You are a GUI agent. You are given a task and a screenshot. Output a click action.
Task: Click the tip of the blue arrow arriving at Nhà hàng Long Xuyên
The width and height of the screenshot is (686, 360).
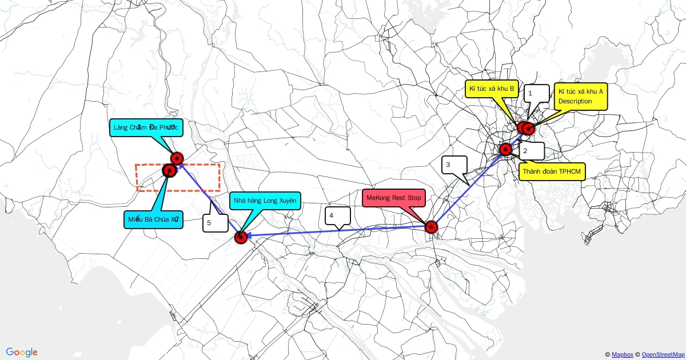(x=246, y=235)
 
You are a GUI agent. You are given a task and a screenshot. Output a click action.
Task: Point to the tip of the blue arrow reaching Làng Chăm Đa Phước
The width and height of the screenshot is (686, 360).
(x=179, y=164)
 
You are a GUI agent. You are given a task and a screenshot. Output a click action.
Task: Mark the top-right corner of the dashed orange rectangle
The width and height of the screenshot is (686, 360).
(x=220, y=165)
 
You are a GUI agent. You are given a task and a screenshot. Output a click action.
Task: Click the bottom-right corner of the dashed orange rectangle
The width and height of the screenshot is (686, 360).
(x=220, y=191)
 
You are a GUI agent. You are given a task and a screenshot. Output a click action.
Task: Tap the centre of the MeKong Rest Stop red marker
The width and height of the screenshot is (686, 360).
(x=432, y=227)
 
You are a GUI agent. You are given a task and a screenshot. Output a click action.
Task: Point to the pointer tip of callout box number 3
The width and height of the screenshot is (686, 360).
(x=469, y=185)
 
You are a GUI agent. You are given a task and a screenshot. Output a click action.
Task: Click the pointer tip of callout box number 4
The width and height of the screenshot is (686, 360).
(x=339, y=230)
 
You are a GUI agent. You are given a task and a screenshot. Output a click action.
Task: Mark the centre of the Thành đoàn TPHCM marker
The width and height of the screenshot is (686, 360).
(x=505, y=149)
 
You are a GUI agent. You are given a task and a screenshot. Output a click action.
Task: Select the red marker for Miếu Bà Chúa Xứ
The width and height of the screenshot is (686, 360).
(x=169, y=170)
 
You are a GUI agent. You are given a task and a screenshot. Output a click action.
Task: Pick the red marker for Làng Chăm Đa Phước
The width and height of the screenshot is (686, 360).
(x=177, y=159)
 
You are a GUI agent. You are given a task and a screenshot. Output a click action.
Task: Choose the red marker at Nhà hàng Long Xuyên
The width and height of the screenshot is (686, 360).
(x=241, y=238)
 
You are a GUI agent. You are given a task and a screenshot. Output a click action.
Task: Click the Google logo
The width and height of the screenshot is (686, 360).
(x=22, y=353)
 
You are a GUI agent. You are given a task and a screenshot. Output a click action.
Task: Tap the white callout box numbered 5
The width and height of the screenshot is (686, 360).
(x=216, y=223)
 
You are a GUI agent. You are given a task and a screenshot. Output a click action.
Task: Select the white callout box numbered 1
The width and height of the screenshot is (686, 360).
(x=537, y=93)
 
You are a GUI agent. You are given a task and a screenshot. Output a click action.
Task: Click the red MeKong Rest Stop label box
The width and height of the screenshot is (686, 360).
(x=394, y=198)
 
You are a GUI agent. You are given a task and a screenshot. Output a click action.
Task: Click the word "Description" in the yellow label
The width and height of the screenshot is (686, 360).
(x=575, y=101)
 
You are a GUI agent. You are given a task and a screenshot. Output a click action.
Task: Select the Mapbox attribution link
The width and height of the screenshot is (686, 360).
(x=623, y=354)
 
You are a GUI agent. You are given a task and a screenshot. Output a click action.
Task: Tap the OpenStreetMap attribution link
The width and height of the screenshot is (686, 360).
(x=663, y=354)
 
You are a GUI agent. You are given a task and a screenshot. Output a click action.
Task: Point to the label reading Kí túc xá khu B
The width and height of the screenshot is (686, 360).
(x=492, y=89)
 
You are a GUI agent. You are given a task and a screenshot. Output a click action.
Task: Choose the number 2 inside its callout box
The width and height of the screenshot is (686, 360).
(x=525, y=151)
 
